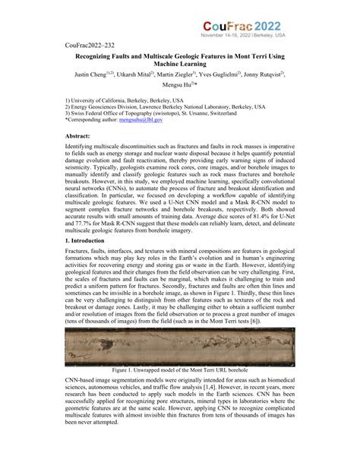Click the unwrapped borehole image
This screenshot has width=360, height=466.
click(x=179, y=351)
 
